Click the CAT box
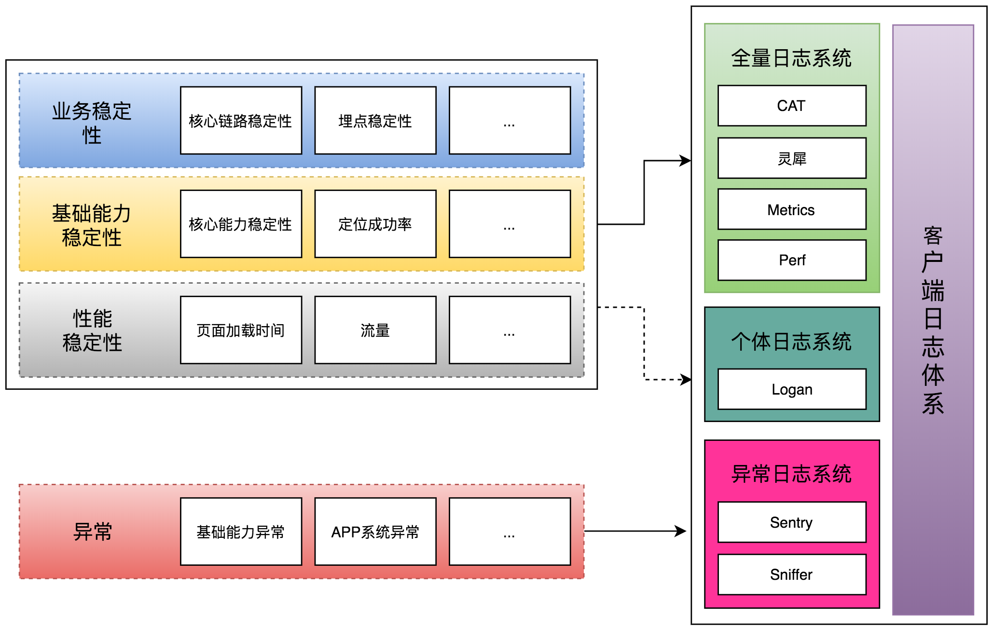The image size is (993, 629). pos(791,106)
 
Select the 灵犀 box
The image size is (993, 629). pos(791,158)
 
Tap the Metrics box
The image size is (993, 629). pos(791,209)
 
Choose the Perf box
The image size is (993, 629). pos(791,260)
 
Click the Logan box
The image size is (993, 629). pos(791,389)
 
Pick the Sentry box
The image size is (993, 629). pos(791,522)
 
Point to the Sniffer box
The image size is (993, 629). pos(791,574)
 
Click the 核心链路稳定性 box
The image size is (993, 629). pos(241,121)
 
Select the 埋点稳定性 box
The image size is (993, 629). pos(375,121)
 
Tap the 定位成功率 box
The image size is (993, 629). pos(375,224)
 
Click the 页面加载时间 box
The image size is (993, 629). pos(241,330)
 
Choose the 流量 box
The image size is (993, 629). pos(375,330)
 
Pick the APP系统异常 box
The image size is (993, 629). pos(375,532)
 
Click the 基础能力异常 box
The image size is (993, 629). pos(241,532)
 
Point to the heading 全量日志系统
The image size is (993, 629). pos(791,58)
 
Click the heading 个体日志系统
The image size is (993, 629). pos(791,342)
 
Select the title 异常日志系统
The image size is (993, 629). pos(791,474)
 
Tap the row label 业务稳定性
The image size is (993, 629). pos(92,123)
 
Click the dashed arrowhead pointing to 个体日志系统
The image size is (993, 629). pos(686,380)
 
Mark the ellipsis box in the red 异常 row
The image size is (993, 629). pos(510,532)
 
